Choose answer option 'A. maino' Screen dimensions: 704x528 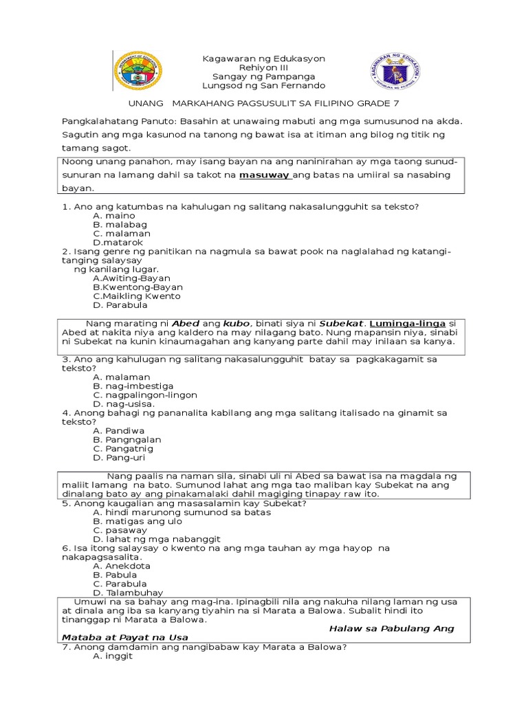point(114,215)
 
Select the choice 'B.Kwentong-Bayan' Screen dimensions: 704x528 point(137,287)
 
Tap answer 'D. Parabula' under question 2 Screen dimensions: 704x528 point(120,305)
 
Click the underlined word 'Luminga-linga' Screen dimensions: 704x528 point(408,323)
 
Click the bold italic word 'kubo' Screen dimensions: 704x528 point(237,323)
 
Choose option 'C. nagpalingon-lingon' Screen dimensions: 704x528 point(145,395)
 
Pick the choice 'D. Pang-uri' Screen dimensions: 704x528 point(119,457)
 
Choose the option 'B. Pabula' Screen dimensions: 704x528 point(115,575)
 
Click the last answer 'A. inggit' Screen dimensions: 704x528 point(112,656)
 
